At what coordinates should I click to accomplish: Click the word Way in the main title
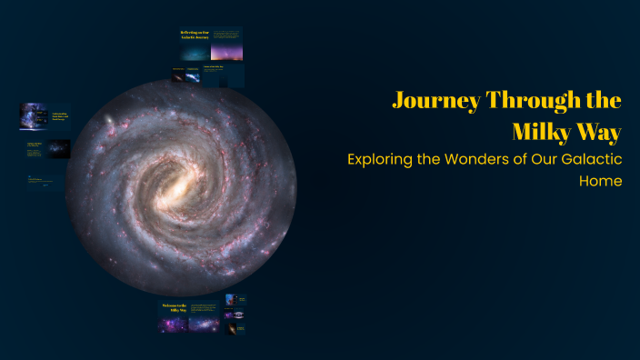(x=602, y=132)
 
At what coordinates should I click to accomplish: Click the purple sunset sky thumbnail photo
(x=226, y=53)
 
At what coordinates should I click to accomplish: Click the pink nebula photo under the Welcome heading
(x=201, y=323)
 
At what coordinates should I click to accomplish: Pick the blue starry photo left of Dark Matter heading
(x=34, y=115)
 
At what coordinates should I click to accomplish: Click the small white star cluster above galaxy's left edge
(x=111, y=121)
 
